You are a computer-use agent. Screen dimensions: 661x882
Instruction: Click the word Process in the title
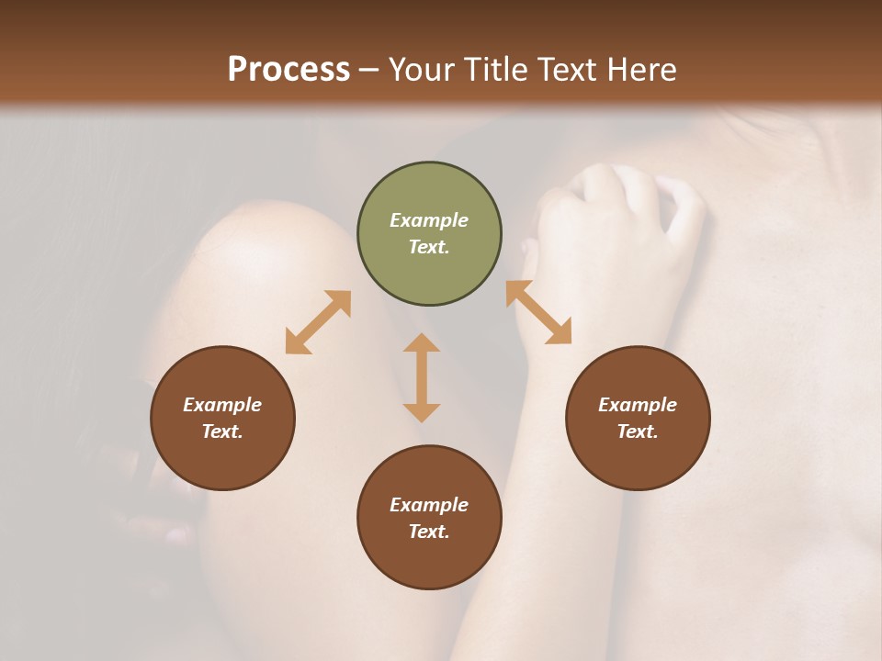[288, 70]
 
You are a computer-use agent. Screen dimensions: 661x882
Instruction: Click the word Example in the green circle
[429, 220]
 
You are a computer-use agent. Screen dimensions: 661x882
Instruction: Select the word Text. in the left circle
[222, 431]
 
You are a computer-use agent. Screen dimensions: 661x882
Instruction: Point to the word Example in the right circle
[638, 405]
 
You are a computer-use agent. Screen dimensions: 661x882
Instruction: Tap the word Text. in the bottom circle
[429, 532]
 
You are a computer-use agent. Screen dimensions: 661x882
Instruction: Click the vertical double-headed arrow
[422, 377]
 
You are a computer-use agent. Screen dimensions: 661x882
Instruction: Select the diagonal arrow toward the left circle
[318, 322]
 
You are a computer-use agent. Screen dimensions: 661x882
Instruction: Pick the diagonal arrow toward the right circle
[538, 312]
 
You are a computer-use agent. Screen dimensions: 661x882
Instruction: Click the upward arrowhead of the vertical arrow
[422, 342]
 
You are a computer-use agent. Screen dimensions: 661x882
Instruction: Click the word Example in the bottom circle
[429, 505]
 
